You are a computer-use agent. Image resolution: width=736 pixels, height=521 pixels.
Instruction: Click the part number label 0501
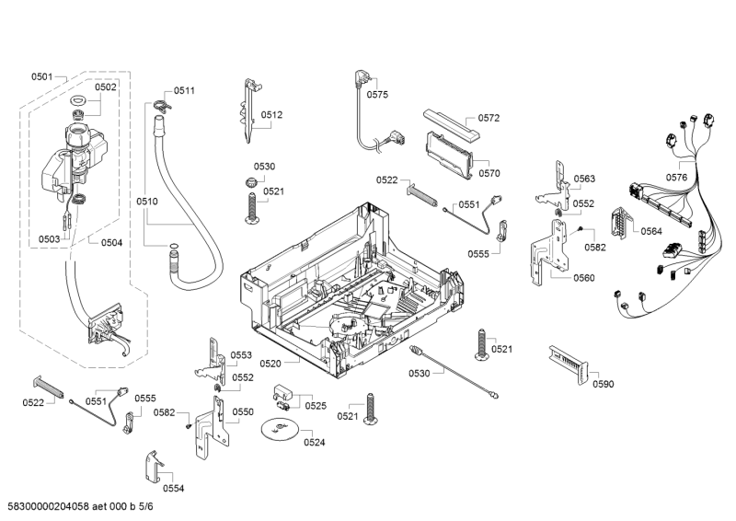[42, 76]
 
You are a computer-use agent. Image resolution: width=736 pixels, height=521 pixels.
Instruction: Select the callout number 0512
[271, 115]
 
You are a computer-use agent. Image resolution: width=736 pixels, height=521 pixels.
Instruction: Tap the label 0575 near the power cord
[377, 94]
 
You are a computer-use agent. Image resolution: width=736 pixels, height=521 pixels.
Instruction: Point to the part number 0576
[676, 177]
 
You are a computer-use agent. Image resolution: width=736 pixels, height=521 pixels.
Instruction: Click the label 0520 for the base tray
[270, 364]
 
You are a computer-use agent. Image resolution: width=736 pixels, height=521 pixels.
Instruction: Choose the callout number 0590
[603, 384]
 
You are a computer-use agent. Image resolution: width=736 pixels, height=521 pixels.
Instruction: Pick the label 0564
[651, 231]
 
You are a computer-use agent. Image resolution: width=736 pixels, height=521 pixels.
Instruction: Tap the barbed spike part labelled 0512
[249, 110]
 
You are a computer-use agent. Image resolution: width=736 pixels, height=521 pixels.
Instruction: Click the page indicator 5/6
[146, 506]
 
